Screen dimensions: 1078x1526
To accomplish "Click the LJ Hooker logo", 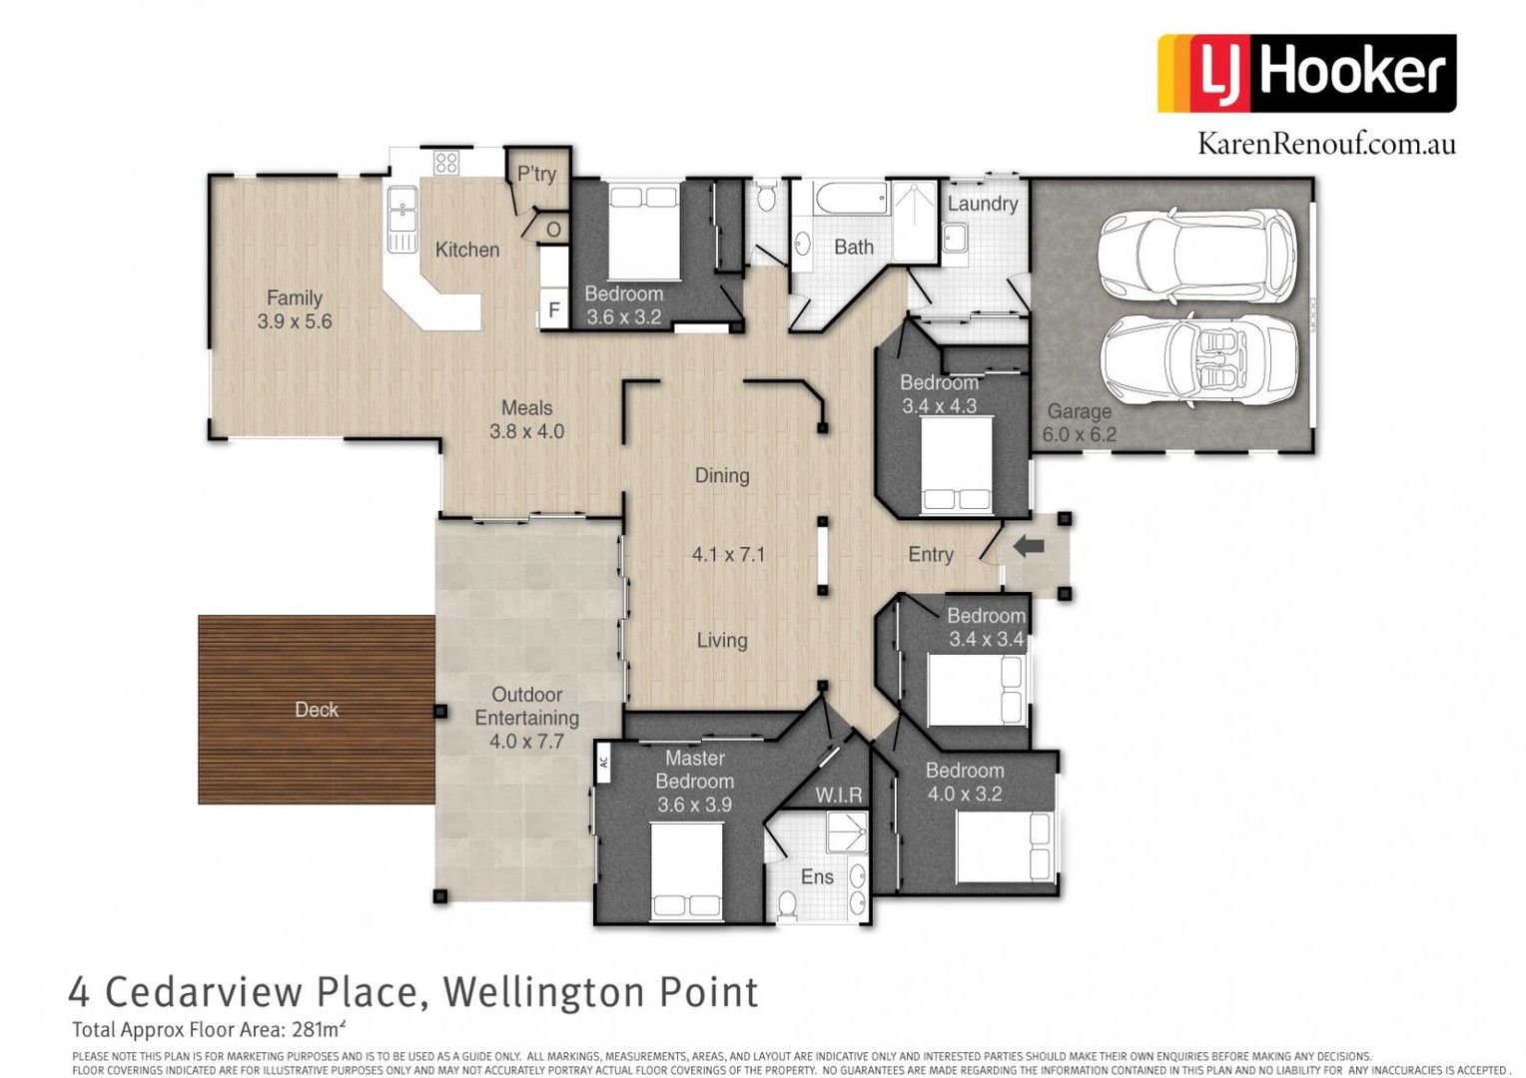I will (x=1306, y=73).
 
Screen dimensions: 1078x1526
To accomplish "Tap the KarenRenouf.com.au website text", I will (x=1326, y=144).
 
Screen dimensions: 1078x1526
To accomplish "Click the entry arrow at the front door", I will (x=1029, y=546).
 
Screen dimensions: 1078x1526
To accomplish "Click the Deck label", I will (x=317, y=710).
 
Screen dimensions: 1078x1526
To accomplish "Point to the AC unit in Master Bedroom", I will (x=603, y=763).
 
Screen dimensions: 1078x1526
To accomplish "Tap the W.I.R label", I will (x=839, y=795).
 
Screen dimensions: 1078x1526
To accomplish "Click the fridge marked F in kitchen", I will (x=554, y=310).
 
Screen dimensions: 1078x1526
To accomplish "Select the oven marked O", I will (x=553, y=230).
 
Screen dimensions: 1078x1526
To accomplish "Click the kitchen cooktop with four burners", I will (x=445, y=163).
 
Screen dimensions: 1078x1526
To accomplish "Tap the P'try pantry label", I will (x=536, y=174).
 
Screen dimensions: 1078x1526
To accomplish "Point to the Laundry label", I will (x=982, y=204).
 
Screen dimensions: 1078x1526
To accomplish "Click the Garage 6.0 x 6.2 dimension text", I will (x=1079, y=434).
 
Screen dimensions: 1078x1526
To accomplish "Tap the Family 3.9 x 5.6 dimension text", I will (x=295, y=321).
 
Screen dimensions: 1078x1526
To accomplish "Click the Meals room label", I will (x=526, y=408).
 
